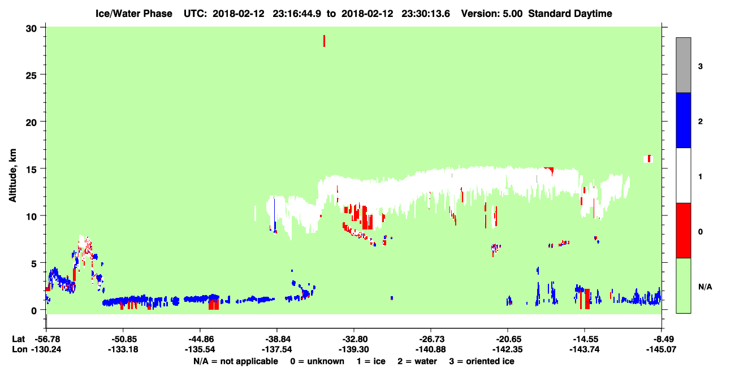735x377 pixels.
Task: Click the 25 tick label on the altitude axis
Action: pos(31,75)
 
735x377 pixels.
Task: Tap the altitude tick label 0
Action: pos(34,310)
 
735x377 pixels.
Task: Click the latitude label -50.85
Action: pos(123,339)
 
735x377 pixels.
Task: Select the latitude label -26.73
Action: pos(431,339)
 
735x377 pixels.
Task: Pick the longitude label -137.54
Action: pos(277,349)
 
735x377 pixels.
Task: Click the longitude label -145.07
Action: pos(661,349)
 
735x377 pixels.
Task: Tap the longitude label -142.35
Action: pos(508,349)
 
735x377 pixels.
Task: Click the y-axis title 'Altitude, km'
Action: pos(12,175)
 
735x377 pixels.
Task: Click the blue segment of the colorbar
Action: pos(683,120)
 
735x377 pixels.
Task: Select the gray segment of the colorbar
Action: pos(683,65)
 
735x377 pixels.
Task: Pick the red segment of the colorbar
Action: pos(683,231)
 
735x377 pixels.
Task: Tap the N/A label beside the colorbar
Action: pos(705,287)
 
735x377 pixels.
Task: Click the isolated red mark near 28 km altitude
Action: pos(324,41)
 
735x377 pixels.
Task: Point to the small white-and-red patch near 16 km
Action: pos(648,159)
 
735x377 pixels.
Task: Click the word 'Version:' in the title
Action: pos(480,14)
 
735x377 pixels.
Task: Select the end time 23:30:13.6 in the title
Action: pos(426,14)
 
